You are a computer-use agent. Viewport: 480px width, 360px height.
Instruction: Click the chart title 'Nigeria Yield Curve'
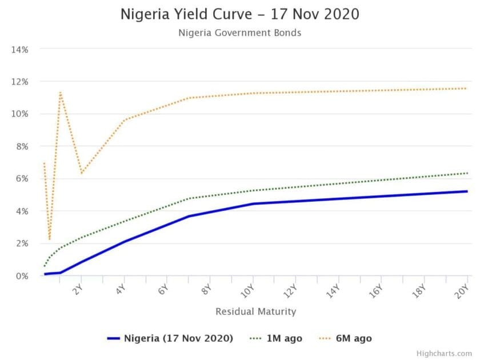239,14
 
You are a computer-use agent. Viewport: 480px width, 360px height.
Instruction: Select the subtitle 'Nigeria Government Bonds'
239,33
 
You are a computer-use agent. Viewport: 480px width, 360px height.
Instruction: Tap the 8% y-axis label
22,146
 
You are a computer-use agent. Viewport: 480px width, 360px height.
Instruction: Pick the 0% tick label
22,276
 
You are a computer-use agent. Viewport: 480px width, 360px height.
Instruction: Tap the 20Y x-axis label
464,290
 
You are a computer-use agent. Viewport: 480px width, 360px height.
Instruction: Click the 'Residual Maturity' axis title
255,311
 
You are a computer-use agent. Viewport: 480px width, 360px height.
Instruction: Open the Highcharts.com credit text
451,354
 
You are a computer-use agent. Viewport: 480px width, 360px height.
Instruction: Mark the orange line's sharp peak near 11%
60,92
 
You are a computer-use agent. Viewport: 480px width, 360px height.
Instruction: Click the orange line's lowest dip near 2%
50,239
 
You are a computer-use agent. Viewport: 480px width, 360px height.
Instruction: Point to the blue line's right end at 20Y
467,191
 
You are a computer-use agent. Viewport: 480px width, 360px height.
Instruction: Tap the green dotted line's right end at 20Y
467,173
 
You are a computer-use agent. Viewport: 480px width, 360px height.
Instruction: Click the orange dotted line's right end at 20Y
467,89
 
